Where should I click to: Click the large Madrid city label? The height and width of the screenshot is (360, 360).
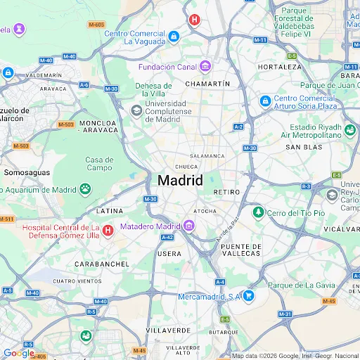pyautogui.click(x=180, y=180)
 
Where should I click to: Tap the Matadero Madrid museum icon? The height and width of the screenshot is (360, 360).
pyautogui.click(x=189, y=226)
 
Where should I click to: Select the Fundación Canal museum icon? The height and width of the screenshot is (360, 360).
pyautogui.click(x=205, y=67)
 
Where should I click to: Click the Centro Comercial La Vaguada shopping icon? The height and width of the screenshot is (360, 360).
pyautogui.click(x=174, y=36)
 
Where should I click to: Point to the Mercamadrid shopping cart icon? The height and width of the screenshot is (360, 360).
pyautogui.click(x=247, y=296)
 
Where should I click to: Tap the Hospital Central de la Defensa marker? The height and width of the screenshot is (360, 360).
pyautogui.click(x=108, y=231)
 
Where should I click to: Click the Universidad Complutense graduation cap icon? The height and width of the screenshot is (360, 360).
pyautogui.click(x=136, y=110)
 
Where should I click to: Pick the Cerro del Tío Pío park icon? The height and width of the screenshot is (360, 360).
pyautogui.click(x=258, y=212)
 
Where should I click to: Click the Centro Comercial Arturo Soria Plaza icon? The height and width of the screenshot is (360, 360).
pyautogui.click(x=265, y=101)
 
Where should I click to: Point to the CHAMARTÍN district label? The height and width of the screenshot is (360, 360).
pyautogui.click(x=207, y=84)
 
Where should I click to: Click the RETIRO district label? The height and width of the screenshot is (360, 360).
pyautogui.click(x=226, y=192)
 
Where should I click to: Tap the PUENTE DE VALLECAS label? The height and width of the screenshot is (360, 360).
pyautogui.click(x=241, y=251)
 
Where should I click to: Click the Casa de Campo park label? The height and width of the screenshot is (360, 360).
pyautogui.click(x=99, y=164)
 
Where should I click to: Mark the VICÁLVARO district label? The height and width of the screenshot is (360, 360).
pyautogui.click(x=342, y=229)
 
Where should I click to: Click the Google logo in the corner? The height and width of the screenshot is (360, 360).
pyautogui.click(x=18, y=353)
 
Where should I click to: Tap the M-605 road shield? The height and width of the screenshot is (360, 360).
pyautogui.click(x=96, y=25)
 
